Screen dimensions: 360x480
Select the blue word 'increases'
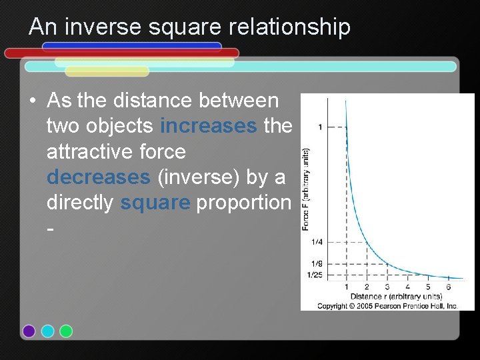209,126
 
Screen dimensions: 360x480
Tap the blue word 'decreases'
99,177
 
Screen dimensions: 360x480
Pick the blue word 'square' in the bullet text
155,203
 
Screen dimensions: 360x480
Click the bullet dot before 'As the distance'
32,101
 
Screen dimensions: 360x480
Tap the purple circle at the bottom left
29,331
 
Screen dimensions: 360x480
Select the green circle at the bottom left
66,331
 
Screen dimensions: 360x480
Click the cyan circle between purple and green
47,331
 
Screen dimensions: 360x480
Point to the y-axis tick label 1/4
316,242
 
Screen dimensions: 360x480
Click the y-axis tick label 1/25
315,275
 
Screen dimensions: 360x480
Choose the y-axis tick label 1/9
316,264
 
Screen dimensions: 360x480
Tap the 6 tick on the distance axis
448,287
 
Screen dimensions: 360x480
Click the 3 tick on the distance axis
387,287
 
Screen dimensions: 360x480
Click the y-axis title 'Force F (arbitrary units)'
305,189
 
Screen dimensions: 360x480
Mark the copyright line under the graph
387,305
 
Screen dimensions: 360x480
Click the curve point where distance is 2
366,242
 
